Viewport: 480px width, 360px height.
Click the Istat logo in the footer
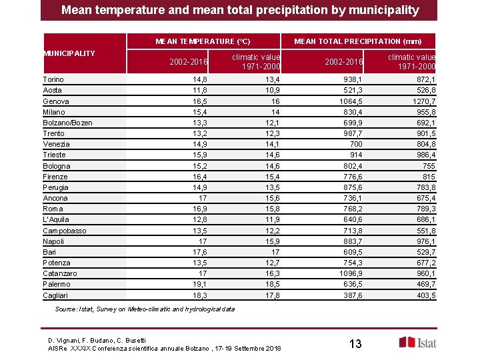[x=417, y=342]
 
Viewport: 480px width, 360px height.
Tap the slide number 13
[x=355, y=343]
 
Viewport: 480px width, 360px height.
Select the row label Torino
[x=53, y=79]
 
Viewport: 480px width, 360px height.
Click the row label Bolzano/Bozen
[x=67, y=123]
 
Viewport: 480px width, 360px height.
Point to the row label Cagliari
[x=55, y=295]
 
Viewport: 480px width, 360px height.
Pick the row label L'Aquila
[x=55, y=219]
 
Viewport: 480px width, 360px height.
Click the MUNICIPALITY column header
[x=69, y=53]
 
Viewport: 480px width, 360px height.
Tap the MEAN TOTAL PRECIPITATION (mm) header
[x=357, y=41]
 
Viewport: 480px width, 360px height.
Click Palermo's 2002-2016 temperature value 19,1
[x=200, y=285]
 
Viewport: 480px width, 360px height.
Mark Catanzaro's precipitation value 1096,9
[x=349, y=273]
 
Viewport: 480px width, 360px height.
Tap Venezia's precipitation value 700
[x=355, y=144]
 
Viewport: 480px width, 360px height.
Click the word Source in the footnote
[x=67, y=309]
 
